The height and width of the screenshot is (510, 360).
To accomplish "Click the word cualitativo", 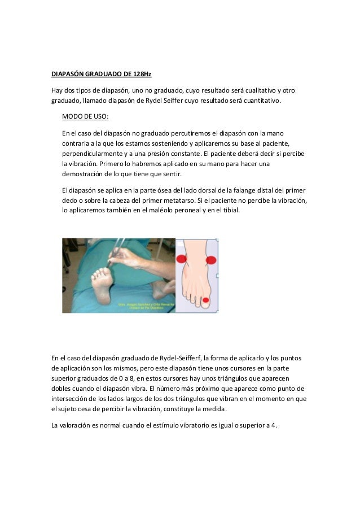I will (x=251, y=90).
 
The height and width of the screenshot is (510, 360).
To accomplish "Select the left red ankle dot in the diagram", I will (x=182, y=259).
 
